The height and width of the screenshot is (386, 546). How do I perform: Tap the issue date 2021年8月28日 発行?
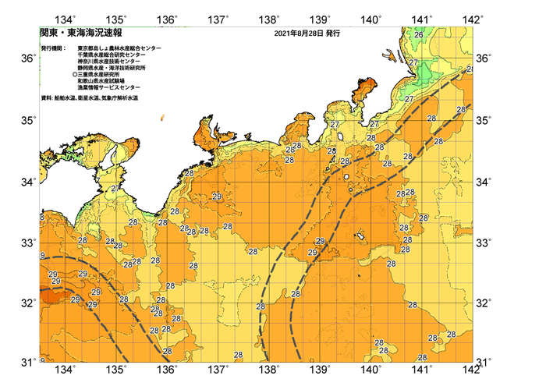click(x=307, y=34)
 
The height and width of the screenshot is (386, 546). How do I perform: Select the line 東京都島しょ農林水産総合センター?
click(x=119, y=48)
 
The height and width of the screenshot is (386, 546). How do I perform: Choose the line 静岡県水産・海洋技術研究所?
click(x=114, y=69)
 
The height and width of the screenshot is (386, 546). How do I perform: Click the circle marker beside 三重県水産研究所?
click(x=74, y=75)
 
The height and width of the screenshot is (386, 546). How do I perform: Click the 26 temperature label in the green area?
click(x=419, y=35)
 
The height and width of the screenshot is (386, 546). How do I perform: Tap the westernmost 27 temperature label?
click(x=115, y=189)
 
